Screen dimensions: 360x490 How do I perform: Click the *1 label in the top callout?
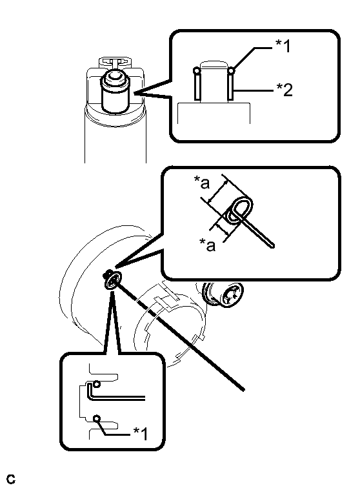coord(283,46)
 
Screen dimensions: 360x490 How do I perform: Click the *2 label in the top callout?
coord(285,89)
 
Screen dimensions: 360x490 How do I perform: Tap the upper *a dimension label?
coord(202,183)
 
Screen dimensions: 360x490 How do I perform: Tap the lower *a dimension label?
coord(208,245)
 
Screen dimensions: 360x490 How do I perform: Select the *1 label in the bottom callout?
coord(141,433)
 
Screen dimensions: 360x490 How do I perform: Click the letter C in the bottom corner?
coord(10,479)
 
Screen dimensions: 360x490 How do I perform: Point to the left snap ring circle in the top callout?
coord(197,71)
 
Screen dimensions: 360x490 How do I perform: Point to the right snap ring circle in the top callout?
coord(231,71)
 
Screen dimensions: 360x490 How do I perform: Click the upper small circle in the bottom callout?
coord(97,383)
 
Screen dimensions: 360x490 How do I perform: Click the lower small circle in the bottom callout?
coord(97,418)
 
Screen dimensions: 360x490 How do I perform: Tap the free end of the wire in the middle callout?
coord(272,246)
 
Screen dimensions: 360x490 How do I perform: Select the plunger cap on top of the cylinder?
coord(115,77)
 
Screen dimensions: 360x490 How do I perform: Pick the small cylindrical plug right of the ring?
coord(222,294)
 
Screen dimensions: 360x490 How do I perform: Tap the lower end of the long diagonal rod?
coord(243,389)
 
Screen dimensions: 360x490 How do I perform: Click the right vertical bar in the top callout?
coord(231,87)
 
